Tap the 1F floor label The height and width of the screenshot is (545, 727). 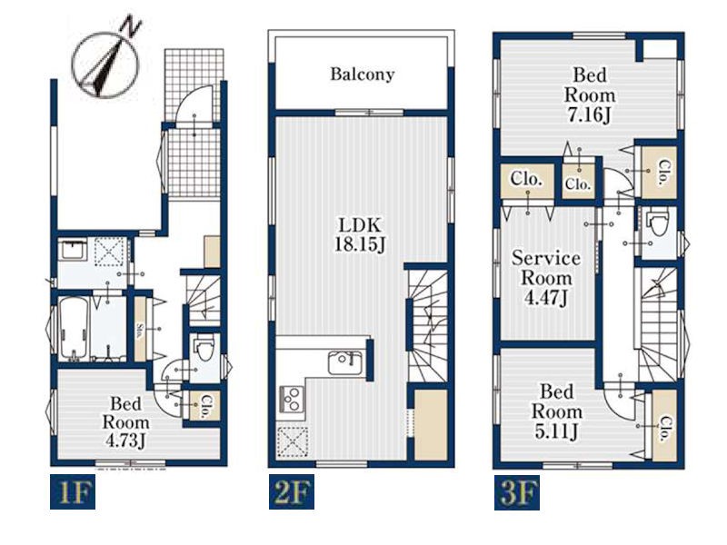point(73,491)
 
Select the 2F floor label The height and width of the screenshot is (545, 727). point(292,491)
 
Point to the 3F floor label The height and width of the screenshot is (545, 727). point(517,492)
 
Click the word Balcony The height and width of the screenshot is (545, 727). point(362,74)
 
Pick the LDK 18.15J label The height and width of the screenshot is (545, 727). point(360,235)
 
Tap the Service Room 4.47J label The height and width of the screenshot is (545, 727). point(546,278)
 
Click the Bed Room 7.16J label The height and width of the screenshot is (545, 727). point(590,95)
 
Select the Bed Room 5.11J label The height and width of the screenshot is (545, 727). point(556,411)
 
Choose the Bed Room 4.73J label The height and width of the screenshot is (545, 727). point(125,422)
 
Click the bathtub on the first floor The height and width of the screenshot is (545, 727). point(75,328)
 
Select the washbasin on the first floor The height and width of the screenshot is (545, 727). point(73,251)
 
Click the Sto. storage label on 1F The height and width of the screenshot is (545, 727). point(140,330)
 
